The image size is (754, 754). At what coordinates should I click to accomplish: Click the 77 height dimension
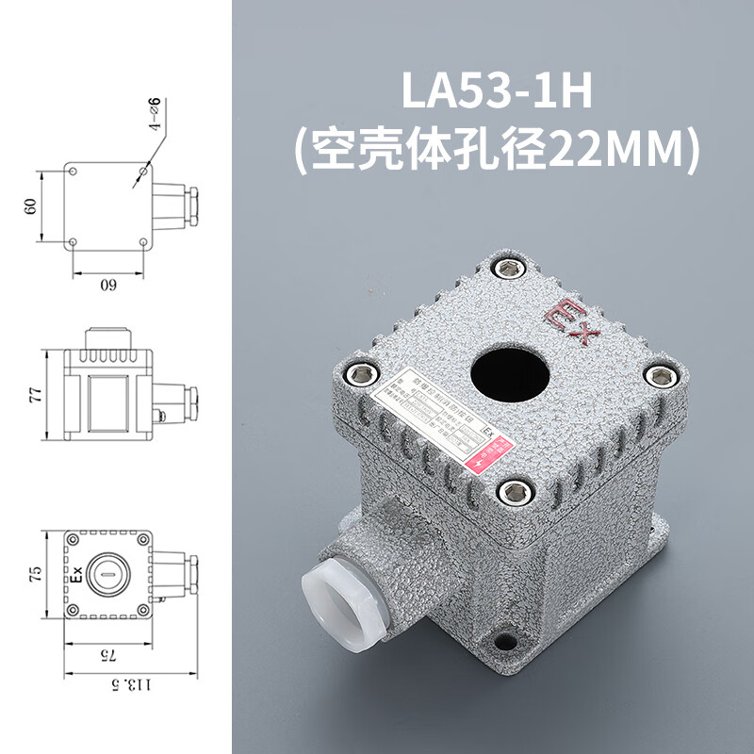pos(30,396)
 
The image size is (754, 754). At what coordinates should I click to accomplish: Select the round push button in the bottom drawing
pos(108,573)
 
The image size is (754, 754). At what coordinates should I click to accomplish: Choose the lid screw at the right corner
pos(662,377)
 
